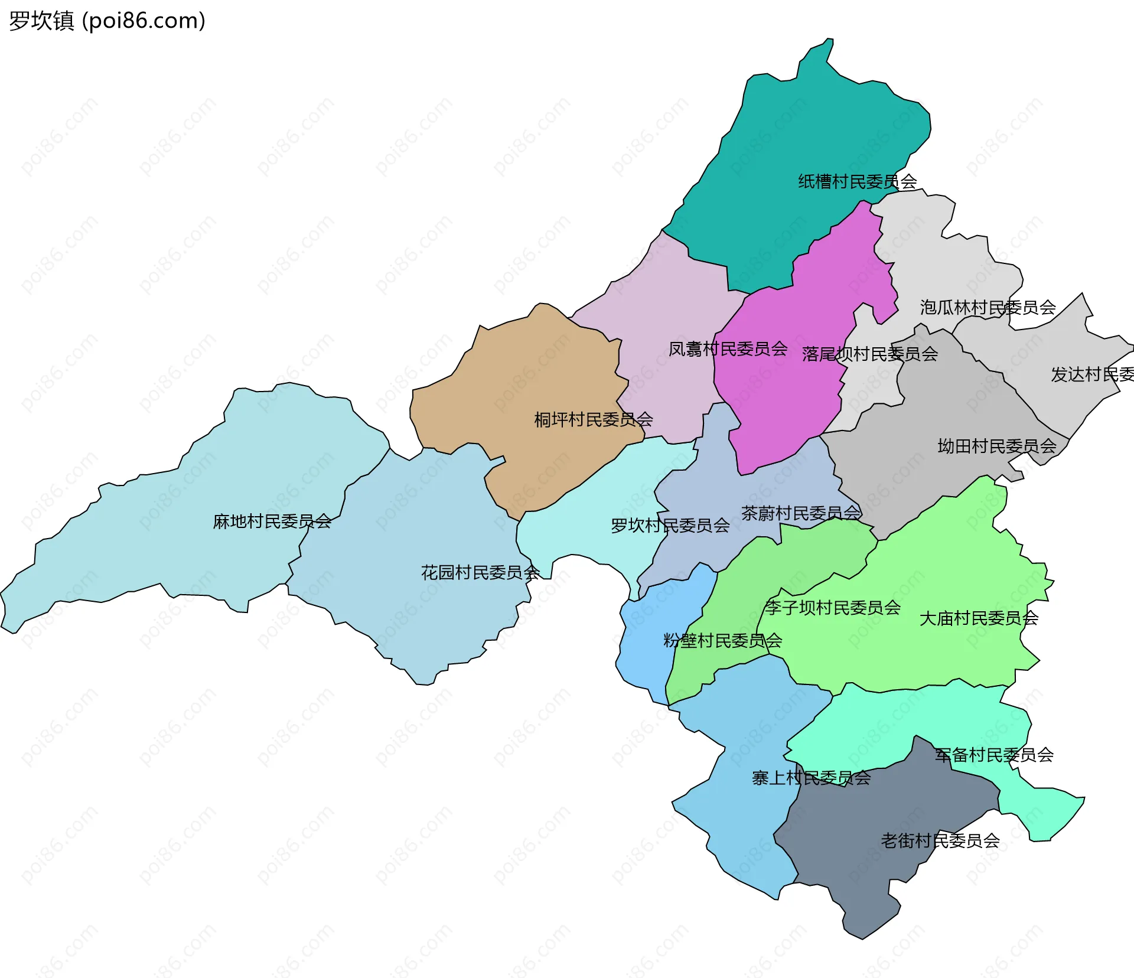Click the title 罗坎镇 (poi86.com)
point(107,21)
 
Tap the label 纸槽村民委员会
point(857,181)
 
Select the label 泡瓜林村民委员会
point(988,308)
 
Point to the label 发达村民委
point(1091,374)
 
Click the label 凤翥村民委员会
point(728,349)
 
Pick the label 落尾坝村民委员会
point(870,354)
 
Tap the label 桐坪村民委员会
point(593,420)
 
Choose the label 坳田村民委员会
point(997,446)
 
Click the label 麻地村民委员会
point(272,521)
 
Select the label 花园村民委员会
point(480,572)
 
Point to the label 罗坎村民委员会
point(670,526)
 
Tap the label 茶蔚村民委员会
point(801,513)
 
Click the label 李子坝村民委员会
point(833,608)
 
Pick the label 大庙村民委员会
point(979,618)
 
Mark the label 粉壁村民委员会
point(722,641)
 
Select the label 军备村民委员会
point(994,755)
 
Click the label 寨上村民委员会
point(811,778)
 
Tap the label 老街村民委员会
point(940,840)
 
